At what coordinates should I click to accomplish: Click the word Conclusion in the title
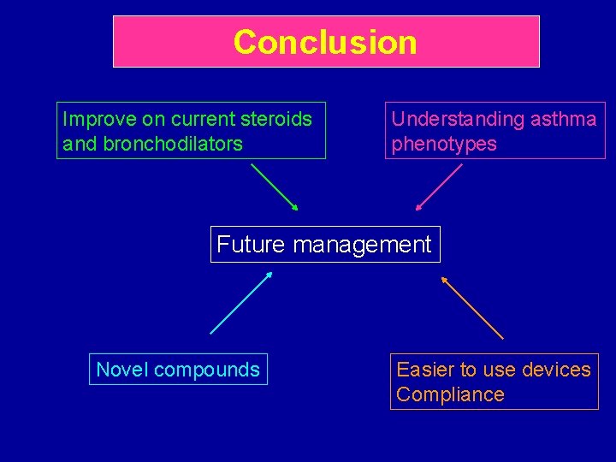325,42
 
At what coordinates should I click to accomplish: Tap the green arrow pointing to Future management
274,187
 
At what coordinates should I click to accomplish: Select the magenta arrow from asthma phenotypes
439,187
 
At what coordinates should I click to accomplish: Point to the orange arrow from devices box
472,308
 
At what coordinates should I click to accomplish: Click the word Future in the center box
250,245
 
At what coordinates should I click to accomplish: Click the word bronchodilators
173,144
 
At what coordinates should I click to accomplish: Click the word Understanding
457,119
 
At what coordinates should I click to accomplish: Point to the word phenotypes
444,144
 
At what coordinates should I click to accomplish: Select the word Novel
121,370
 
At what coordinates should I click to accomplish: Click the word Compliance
450,394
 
